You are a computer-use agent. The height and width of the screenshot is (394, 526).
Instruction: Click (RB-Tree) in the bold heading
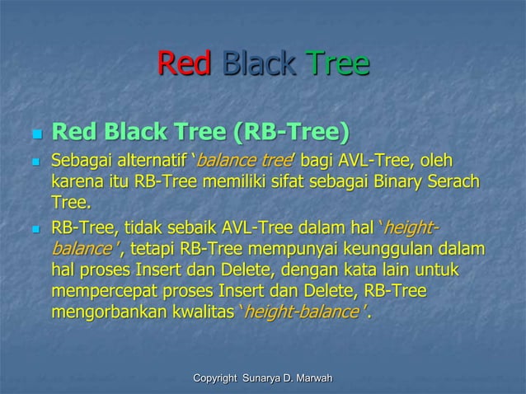click(290, 132)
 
